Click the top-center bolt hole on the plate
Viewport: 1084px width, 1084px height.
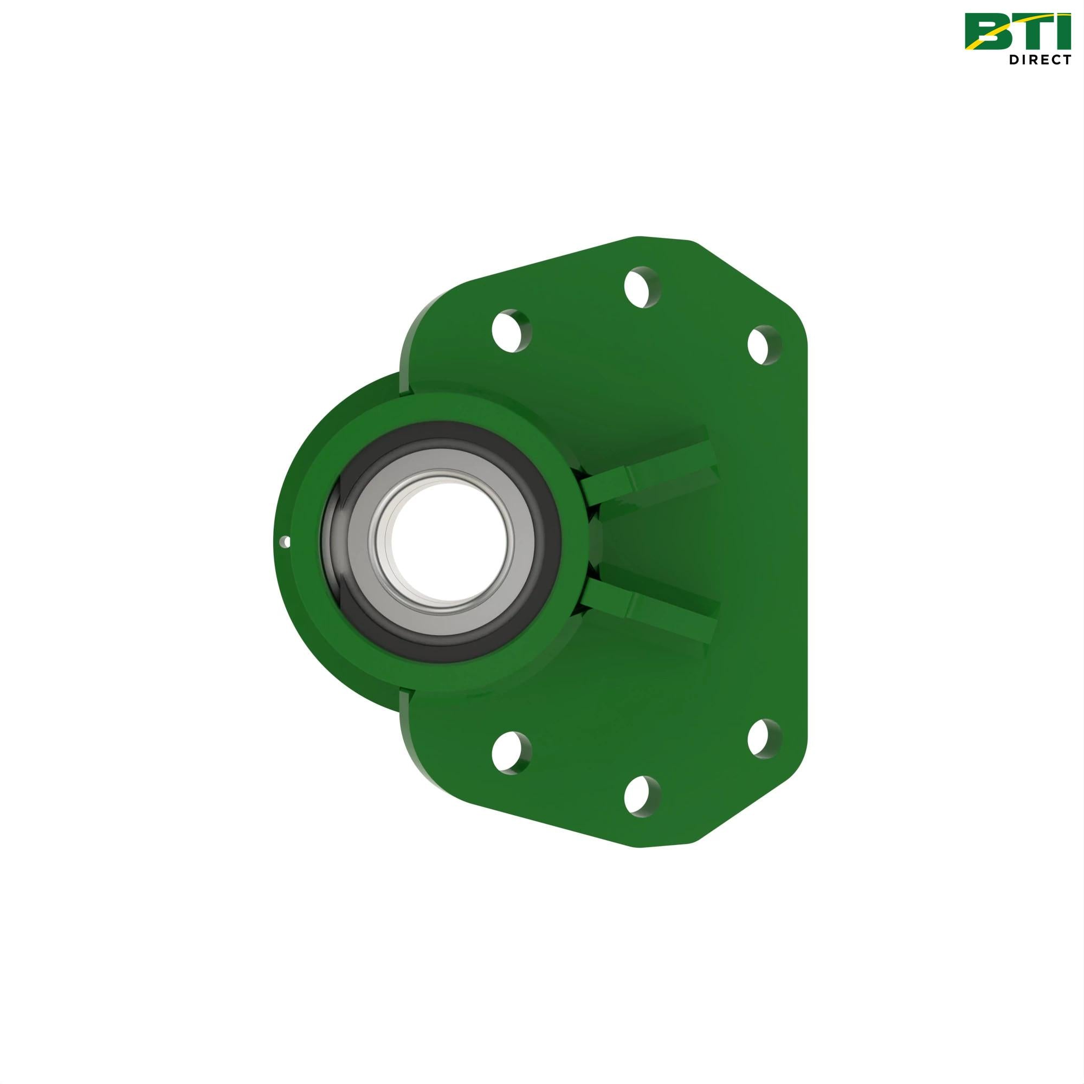click(x=642, y=287)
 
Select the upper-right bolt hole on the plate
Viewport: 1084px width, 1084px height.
click(x=765, y=345)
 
